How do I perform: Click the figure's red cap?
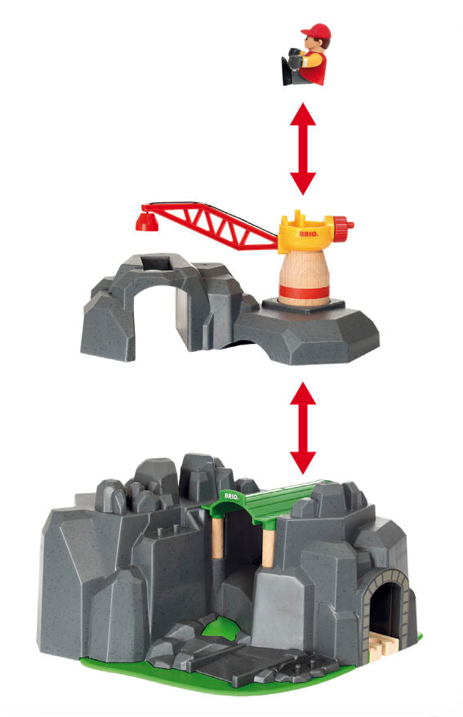(316, 31)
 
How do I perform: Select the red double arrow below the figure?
(303, 149)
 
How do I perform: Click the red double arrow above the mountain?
(303, 429)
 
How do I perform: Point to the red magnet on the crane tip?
(147, 222)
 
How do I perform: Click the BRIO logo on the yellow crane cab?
(309, 234)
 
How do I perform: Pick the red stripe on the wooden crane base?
(304, 292)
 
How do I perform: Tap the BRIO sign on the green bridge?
(231, 497)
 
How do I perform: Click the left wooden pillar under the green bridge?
(218, 537)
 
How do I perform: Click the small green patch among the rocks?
(219, 626)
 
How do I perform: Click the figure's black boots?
(292, 66)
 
